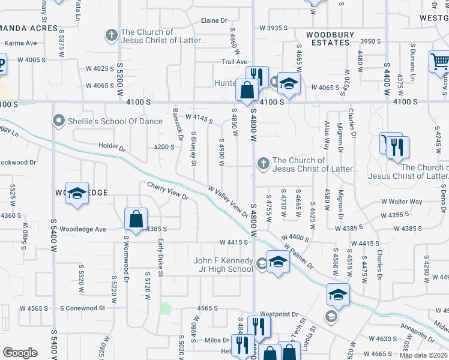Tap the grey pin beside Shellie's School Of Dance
(59, 121)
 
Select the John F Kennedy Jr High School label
(223, 265)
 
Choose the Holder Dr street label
(112, 147)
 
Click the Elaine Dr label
(214, 20)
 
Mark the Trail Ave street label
(234, 62)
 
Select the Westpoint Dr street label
(280, 314)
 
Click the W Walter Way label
(402, 202)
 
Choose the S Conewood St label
(82, 308)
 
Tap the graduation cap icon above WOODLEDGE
(77, 193)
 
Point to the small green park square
(166, 309)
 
